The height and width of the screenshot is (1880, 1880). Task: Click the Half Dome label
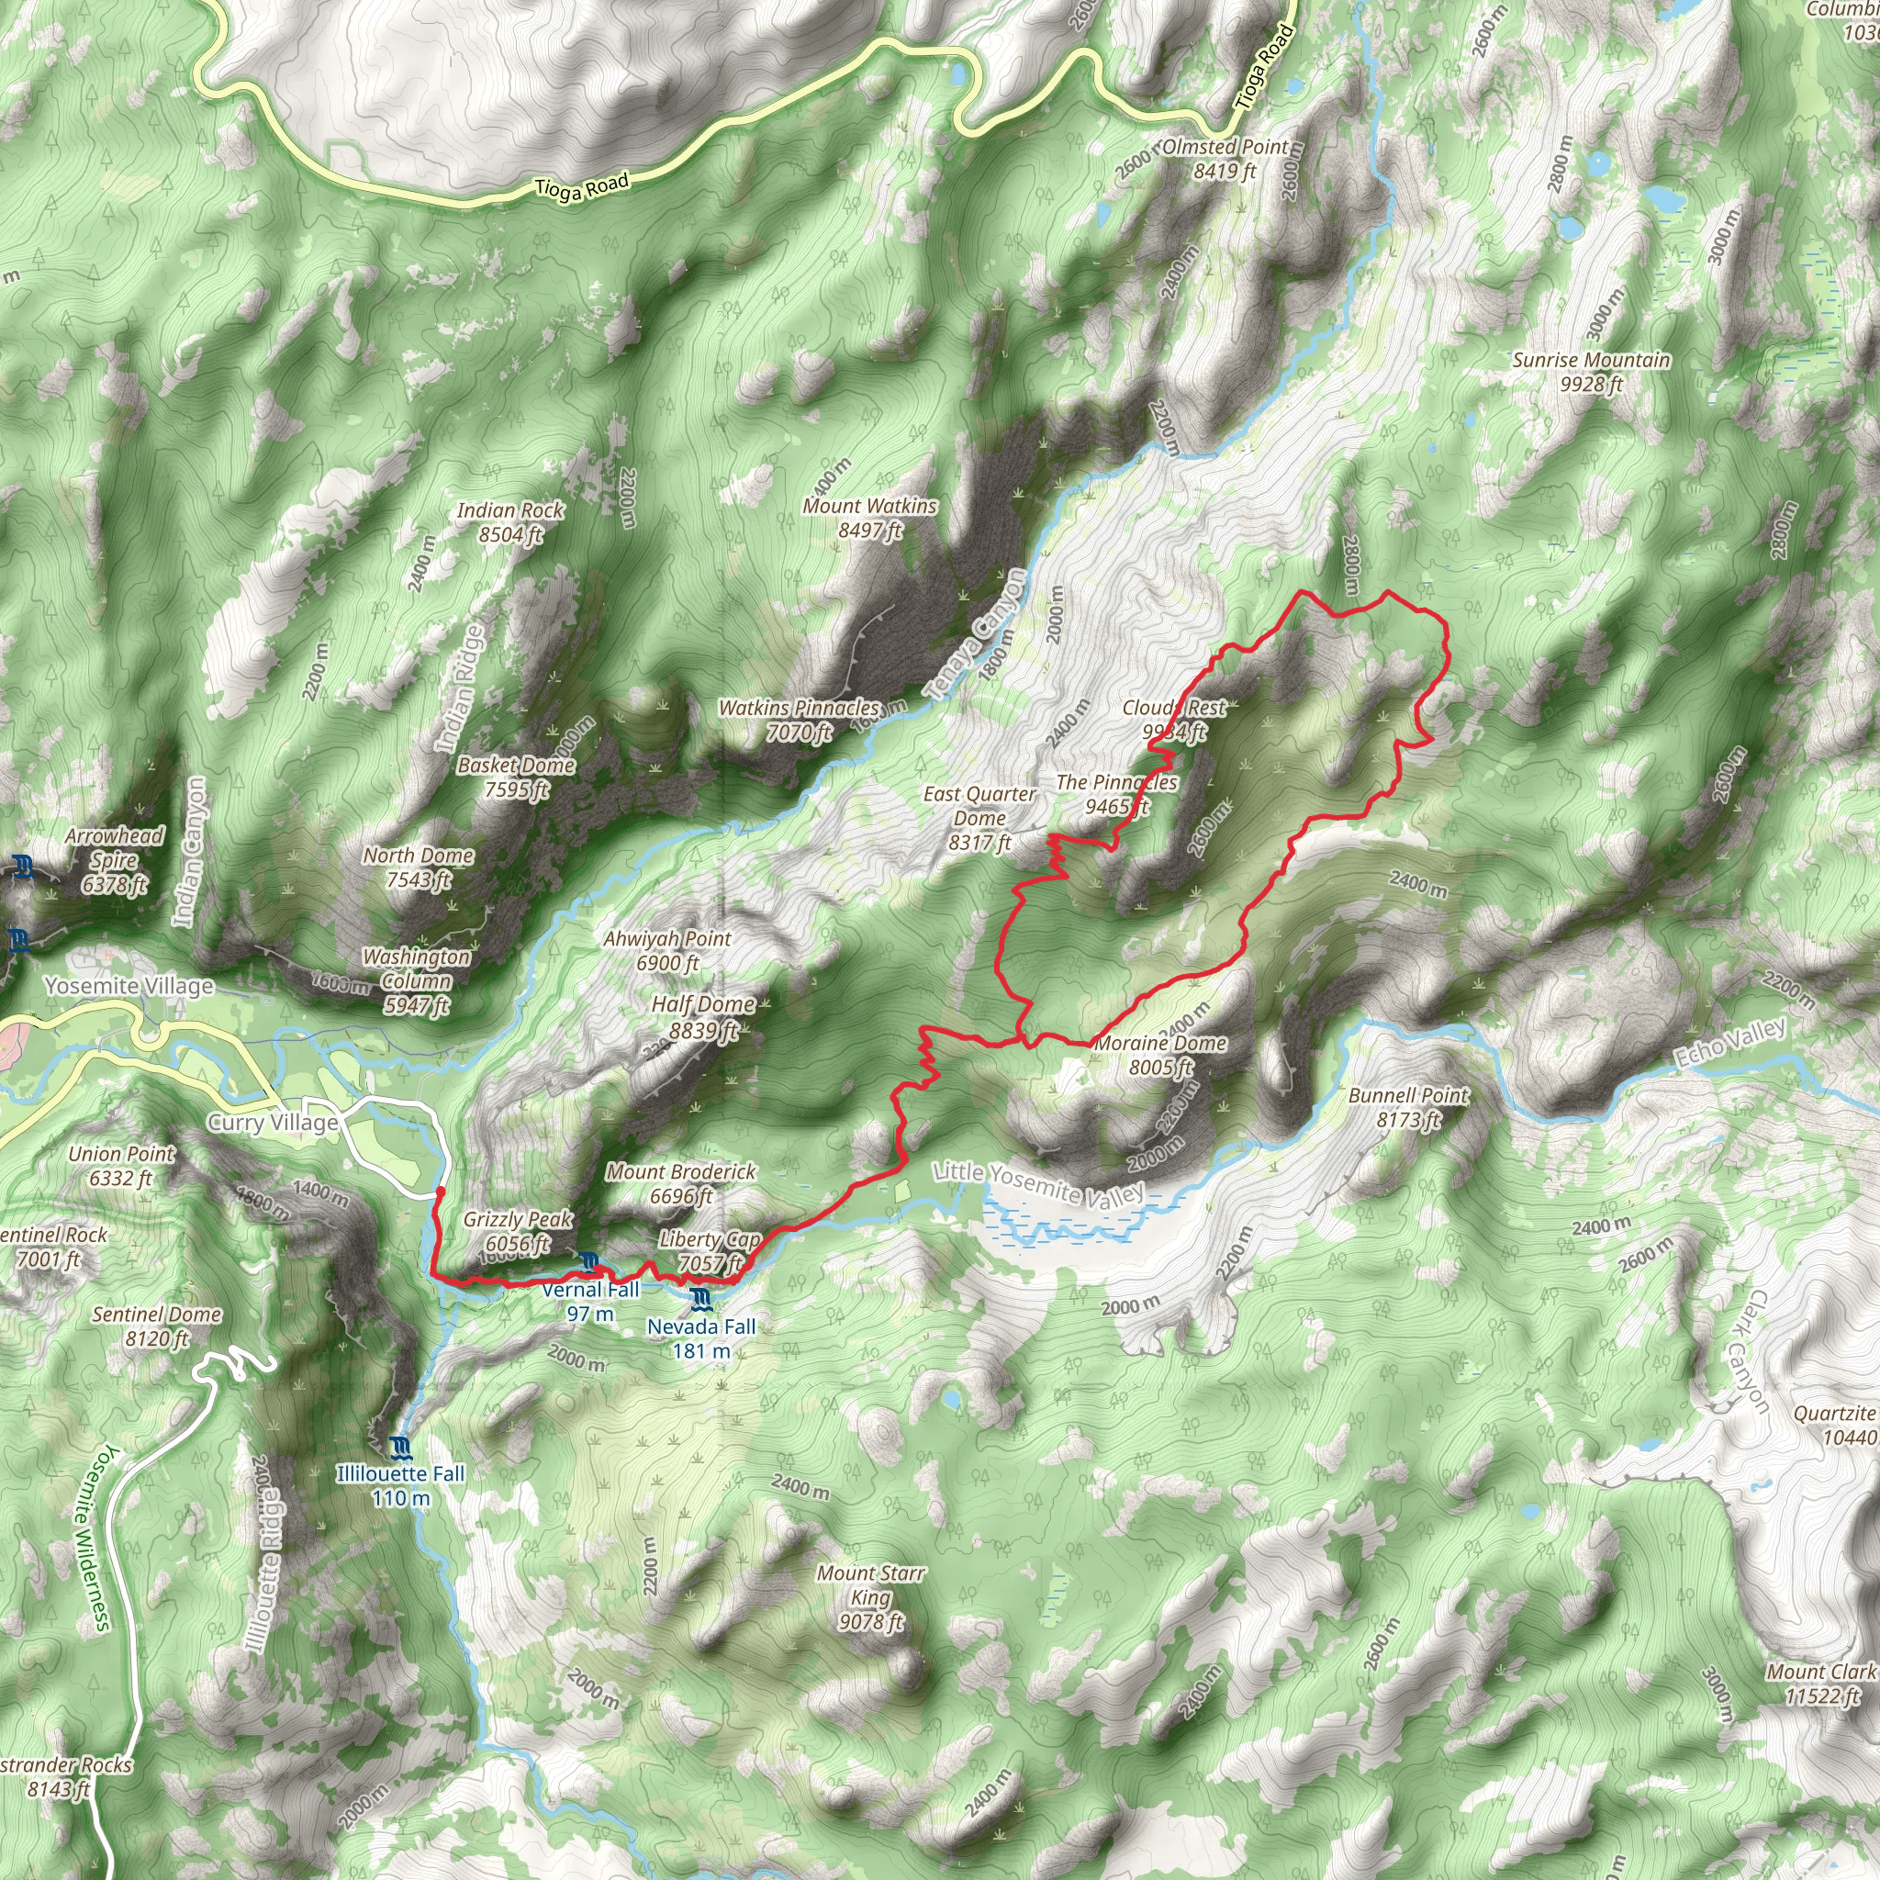(702, 1017)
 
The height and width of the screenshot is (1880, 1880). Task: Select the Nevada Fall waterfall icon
(699, 1299)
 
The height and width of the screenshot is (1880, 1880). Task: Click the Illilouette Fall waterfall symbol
(400, 1447)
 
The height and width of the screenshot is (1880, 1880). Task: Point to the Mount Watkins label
(869, 518)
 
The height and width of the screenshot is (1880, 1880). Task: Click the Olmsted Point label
(1225, 159)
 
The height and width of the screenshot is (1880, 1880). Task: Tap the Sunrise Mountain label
(1590, 372)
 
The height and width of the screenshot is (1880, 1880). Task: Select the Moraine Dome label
(1160, 1055)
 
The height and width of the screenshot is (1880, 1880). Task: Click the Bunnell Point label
(1407, 1107)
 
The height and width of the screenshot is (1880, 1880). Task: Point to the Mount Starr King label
(870, 1597)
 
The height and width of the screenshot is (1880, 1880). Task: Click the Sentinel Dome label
(157, 1326)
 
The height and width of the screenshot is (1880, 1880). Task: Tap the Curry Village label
(274, 1123)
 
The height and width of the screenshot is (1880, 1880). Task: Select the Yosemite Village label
(129, 987)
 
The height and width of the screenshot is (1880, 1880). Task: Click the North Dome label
(419, 867)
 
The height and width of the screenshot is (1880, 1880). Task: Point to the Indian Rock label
(509, 521)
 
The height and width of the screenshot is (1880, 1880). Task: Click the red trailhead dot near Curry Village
(440, 1191)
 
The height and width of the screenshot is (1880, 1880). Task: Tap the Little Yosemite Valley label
(1038, 1183)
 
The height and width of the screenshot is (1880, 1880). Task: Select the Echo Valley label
(1729, 1043)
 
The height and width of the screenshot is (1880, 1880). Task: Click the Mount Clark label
(1821, 1684)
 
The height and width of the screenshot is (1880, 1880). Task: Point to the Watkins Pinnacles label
(798, 720)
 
